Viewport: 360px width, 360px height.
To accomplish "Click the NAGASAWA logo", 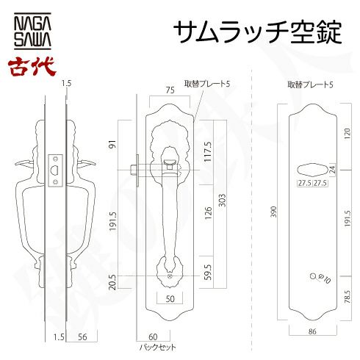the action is click(x=32, y=32).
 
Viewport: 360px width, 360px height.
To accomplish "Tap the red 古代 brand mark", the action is click(x=32, y=67).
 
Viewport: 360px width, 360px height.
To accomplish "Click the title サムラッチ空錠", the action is click(x=257, y=32).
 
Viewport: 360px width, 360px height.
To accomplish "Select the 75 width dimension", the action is click(x=170, y=90).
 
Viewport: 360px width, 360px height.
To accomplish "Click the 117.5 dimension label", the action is click(x=208, y=151).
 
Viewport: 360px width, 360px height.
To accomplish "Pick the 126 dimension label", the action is click(x=208, y=213).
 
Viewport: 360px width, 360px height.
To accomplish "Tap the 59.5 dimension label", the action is click(x=208, y=272).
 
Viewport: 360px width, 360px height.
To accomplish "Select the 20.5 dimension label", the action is click(x=112, y=282).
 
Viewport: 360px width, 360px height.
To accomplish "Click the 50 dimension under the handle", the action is click(x=170, y=299).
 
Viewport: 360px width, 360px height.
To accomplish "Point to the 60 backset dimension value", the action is click(x=153, y=337).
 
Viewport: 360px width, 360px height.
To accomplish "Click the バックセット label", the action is click(x=157, y=348).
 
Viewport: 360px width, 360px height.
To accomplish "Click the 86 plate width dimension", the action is click(x=312, y=331).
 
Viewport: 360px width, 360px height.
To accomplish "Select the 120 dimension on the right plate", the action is click(x=348, y=134).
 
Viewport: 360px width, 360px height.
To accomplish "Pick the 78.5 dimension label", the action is click(x=348, y=297).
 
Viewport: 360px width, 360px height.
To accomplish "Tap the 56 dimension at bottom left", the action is click(x=82, y=337).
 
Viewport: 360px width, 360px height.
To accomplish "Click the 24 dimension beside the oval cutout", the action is click(x=333, y=170).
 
